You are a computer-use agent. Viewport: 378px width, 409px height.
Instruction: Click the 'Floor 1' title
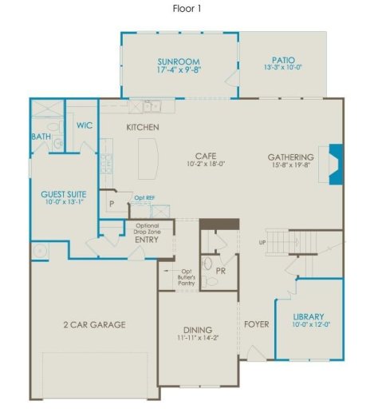click(188, 9)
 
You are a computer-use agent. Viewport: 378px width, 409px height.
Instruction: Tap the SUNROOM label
click(179, 62)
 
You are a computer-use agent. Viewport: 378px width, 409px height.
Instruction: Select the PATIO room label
click(283, 60)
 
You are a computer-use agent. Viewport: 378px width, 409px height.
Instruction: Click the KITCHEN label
click(143, 128)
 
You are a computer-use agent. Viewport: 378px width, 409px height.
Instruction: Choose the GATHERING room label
click(290, 157)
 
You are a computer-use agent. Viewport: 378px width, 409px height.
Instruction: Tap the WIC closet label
click(85, 125)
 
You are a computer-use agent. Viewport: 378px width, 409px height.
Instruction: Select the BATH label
click(41, 137)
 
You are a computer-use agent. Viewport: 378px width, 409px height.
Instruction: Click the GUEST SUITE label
click(64, 193)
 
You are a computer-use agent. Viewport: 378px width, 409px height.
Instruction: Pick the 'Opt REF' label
click(144, 197)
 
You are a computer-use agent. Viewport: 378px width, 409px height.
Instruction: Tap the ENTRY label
click(146, 239)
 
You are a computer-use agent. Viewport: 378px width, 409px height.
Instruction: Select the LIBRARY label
click(308, 317)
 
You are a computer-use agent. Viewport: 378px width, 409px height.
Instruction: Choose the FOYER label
click(257, 324)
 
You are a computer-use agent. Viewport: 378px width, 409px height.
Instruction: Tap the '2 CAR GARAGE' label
click(94, 324)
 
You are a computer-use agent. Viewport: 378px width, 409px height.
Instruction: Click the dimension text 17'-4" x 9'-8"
click(179, 71)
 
